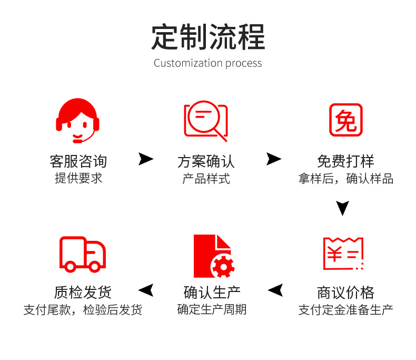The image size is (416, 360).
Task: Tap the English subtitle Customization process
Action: pyautogui.click(x=207, y=63)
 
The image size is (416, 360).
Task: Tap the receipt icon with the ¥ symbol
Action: pyautogui.click(x=343, y=254)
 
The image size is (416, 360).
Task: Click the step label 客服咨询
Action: pyautogui.click(x=78, y=161)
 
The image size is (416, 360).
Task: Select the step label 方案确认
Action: pyautogui.click(x=206, y=161)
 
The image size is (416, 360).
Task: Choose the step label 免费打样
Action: pyautogui.click(x=345, y=161)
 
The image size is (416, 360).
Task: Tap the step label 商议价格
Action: pyautogui.click(x=345, y=292)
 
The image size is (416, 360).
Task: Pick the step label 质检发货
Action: pyautogui.click(x=83, y=292)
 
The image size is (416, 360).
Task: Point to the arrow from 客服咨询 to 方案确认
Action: pyautogui.click(x=145, y=159)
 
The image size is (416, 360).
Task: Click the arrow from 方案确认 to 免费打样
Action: pyautogui.click(x=273, y=159)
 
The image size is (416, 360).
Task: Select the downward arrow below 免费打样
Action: pyautogui.click(x=343, y=208)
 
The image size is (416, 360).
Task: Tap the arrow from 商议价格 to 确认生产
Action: pyautogui.click(x=275, y=290)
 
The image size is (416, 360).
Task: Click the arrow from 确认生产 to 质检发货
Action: pyautogui.click(x=146, y=290)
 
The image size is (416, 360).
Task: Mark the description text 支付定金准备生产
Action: pyautogui.click(x=345, y=309)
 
